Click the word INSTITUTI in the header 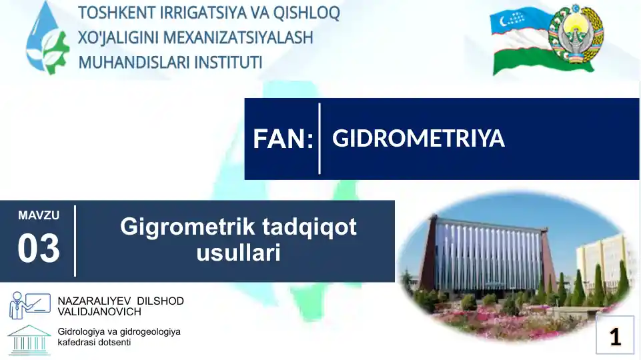(227, 62)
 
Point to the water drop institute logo (46, 38)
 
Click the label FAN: (283, 139)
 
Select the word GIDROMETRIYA (418, 139)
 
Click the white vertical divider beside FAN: (319, 139)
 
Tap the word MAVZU (39, 215)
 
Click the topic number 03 (39, 249)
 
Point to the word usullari (238, 253)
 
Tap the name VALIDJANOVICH (99, 311)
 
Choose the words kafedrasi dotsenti (95, 343)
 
